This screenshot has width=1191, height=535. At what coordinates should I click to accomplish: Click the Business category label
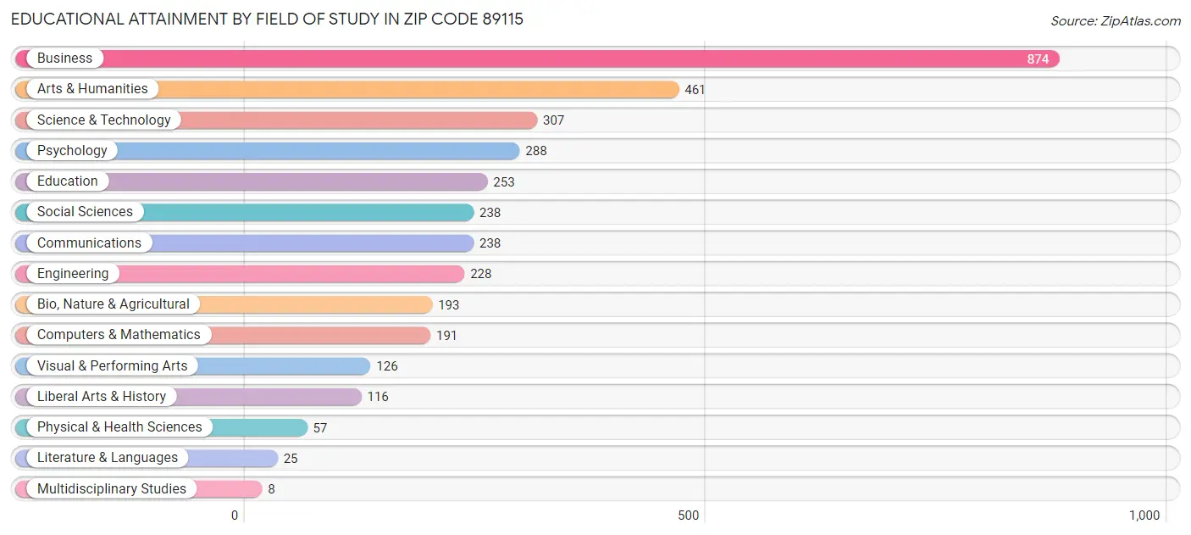[64, 59]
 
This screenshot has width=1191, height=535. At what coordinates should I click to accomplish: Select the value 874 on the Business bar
[1038, 59]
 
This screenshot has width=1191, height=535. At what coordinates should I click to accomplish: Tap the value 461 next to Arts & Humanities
[695, 90]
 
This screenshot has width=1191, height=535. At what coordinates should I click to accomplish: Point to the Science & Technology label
[103, 120]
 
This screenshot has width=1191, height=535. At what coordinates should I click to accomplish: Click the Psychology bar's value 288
[535, 151]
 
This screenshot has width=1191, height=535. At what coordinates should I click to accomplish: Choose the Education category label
[67, 181]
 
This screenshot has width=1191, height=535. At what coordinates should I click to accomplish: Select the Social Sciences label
[85, 212]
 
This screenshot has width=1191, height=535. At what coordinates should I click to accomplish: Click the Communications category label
[89, 243]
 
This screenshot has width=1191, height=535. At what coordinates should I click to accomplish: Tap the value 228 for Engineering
[480, 274]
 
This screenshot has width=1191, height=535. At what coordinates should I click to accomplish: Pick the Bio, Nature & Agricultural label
[113, 304]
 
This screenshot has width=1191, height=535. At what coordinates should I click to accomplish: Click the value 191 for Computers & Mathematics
[446, 336]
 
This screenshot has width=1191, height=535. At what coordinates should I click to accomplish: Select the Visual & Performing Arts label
[112, 366]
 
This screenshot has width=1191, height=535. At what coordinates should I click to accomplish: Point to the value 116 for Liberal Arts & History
[378, 397]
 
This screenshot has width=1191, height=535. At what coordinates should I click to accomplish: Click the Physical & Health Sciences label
[119, 427]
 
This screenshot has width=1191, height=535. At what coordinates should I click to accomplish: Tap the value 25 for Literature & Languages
[291, 459]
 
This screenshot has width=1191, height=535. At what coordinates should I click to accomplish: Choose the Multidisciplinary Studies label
[111, 489]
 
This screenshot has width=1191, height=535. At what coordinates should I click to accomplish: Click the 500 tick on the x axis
[689, 515]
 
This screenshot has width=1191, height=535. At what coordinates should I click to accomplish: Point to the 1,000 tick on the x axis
[1144, 515]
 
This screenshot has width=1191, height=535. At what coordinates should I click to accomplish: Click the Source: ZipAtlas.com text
[1115, 21]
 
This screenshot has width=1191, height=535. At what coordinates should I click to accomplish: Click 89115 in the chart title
[497, 19]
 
